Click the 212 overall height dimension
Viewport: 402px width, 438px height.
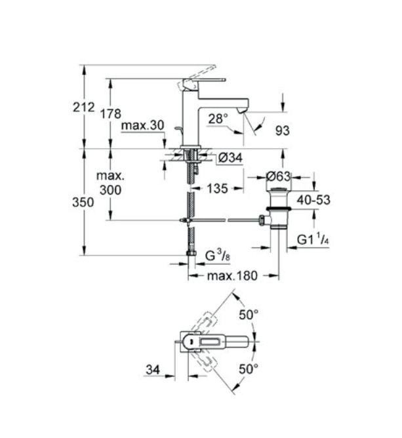click(84, 108)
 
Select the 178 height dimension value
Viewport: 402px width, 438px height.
click(111, 114)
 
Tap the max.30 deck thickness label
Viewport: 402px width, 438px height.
click(142, 125)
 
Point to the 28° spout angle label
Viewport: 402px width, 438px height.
click(218, 119)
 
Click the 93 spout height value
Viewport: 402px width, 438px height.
click(283, 130)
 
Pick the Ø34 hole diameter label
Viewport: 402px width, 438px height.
click(230, 158)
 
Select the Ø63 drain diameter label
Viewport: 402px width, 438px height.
click(278, 176)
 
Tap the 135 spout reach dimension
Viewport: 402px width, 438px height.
click(217, 189)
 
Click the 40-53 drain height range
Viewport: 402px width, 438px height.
click(313, 200)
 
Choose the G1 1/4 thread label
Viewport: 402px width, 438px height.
click(313, 240)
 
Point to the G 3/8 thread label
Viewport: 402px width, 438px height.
click(218, 256)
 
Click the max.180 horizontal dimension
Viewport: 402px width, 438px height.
click(232, 276)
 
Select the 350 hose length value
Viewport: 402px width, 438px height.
click(83, 202)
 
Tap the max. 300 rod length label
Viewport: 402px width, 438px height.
click(111, 183)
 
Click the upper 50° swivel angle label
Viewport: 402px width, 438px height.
click(249, 315)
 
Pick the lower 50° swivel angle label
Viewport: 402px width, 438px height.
click(249, 369)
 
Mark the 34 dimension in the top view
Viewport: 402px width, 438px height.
click(153, 370)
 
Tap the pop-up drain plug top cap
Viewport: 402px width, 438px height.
click(278, 191)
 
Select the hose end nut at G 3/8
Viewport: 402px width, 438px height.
click(191, 253)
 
